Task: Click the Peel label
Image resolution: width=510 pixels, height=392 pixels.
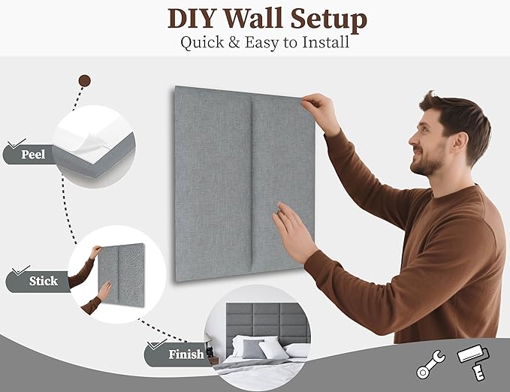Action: click(x=33, y=155)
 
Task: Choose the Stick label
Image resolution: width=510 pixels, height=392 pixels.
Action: click(x=43, y=281)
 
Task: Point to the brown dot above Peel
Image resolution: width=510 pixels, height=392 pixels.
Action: click(x=85, y=80)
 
